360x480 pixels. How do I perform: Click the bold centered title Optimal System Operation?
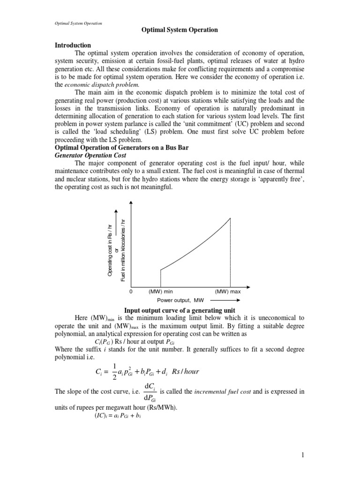pos(180,30)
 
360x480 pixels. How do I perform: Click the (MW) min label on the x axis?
pos(161,292)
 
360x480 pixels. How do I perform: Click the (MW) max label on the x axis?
pos(228,292)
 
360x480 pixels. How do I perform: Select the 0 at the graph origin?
pos(131,292)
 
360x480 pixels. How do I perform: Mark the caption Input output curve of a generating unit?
pos(179,310)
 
